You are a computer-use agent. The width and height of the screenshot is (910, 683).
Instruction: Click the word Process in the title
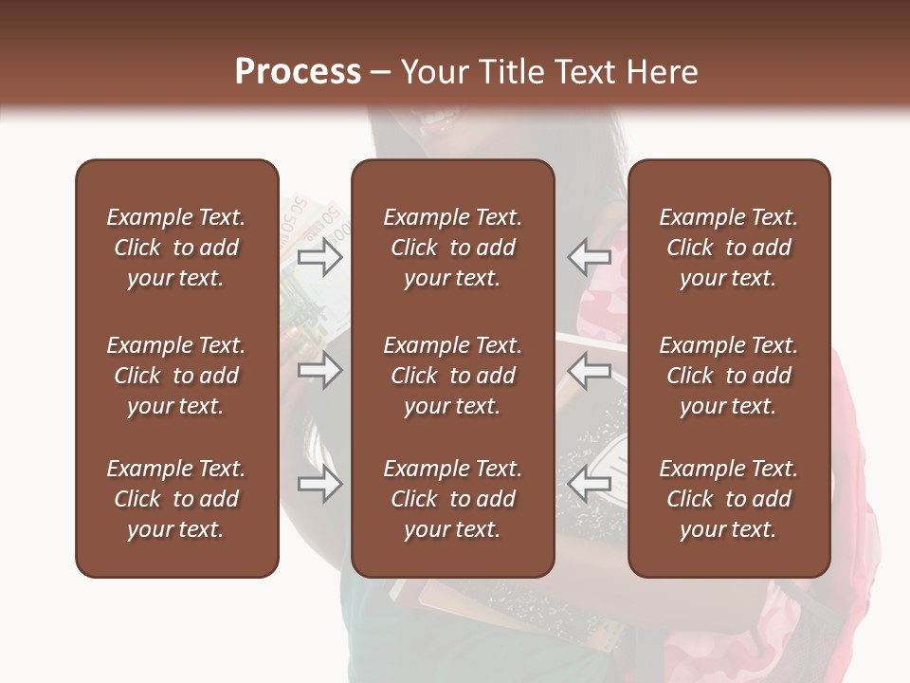coord(298,72)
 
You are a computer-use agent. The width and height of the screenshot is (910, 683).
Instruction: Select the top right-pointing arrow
coord(320,257)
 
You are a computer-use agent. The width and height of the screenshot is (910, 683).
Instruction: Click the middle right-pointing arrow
coord(320,370)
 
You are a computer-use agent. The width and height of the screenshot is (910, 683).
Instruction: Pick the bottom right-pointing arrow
coord(320,485)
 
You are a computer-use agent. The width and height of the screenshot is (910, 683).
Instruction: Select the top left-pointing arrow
coord(589,256)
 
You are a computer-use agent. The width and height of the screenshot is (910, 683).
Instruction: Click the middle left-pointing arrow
coord(589,370)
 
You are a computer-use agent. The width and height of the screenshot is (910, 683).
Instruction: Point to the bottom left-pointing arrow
coord(589,484)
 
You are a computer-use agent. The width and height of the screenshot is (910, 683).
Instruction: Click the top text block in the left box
coord(176,248)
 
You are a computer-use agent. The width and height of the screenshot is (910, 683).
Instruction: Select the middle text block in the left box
coord(176,376)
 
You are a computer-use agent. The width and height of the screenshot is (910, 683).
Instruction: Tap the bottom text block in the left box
coord(176,499)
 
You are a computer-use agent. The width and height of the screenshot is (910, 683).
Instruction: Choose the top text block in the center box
coord(452,248)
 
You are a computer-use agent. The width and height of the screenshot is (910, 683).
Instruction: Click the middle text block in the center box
coord(452,376)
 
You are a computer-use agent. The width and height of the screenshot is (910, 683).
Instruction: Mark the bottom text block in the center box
coord(452,499)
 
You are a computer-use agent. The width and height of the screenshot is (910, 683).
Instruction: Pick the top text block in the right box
coord(728,248)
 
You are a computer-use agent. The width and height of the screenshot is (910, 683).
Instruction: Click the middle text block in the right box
coord(728,376)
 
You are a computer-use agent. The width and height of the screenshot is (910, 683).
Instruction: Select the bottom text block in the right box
coord(728,499)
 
